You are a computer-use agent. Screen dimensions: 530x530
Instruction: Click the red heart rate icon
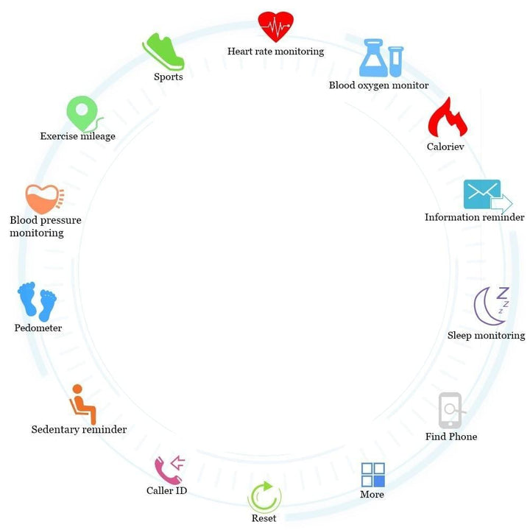(x=275, y=27)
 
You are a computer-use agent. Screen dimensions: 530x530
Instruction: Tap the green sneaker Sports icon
(x=163, y=52)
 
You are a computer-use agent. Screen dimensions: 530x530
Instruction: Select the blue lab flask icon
(x=381, y=58)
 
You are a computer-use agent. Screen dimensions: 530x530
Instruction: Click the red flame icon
(x=447, y=118)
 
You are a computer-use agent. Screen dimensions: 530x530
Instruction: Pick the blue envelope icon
(x=484, y=195)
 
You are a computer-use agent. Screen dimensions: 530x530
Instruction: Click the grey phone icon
(x=451, y=410)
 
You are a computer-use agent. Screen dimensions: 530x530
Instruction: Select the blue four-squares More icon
(x=372, y=475)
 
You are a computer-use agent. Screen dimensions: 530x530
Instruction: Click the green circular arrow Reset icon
(x=264, y=497)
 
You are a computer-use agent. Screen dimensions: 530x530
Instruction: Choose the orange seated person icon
(x=82, y=404)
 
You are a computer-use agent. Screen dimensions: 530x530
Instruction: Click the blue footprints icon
(x=37, y=301)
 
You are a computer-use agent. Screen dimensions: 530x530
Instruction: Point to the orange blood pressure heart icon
(x=43, y=199)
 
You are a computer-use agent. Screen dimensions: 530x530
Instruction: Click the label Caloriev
(x=445, y=146)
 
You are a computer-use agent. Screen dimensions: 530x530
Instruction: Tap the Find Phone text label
(x=451, y=437)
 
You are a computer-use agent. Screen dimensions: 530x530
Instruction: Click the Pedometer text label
(x=38, y=328)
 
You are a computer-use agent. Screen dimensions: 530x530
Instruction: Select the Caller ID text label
(x=167, y=490)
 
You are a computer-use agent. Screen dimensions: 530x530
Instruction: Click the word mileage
(x=96, y=136)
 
